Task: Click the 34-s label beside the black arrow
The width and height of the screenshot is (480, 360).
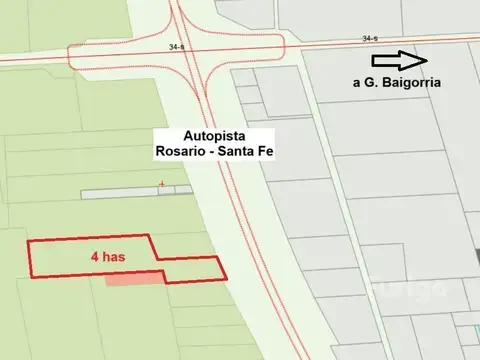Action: pyautogui.click(x=371, y=38)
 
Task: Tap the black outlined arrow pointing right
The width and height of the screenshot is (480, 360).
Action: pyautogui.click(x=409, y=60)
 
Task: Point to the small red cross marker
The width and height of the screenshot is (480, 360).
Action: pyautogui.click(x=161, y=183)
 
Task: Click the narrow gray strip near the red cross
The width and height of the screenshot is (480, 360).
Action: pyautogui.click(x=130, y=191)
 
